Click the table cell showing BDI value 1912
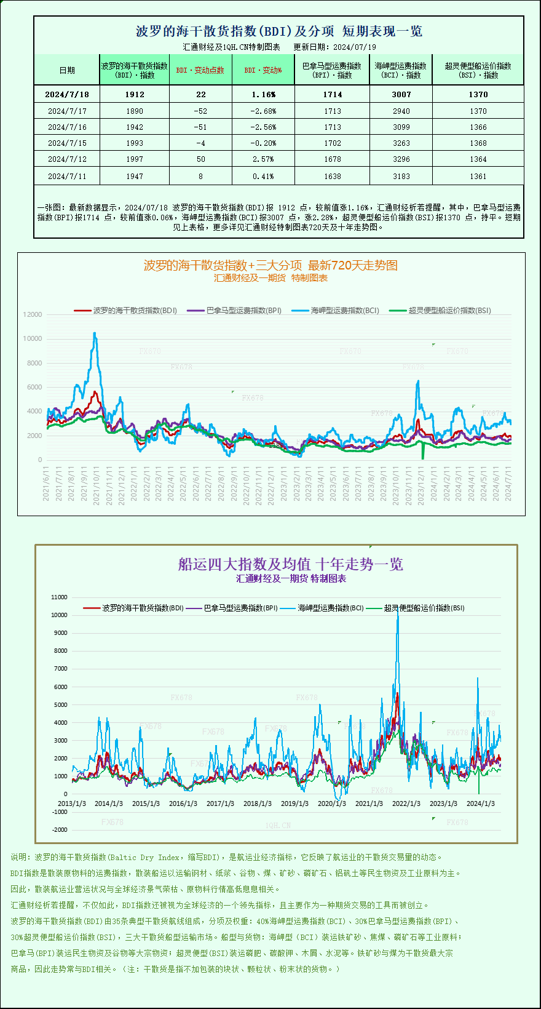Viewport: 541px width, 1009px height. tap(135, 95)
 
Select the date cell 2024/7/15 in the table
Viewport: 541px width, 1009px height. tap(67, 143)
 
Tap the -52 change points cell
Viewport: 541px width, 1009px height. tap(200, 111)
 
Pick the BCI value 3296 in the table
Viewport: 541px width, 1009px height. tap(401, 159)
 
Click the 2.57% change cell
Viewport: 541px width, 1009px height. tap(264, 159)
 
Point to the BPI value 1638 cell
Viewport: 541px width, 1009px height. tap(332, 177)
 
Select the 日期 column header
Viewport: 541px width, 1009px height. tap(67, 70)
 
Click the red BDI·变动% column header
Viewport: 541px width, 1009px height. tap(263, 70)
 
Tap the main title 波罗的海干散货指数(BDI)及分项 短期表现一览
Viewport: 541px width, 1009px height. tap(278, 31)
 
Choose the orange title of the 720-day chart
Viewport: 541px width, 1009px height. tap(270, 265)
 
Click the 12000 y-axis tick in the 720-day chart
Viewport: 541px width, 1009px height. tap(33, 314)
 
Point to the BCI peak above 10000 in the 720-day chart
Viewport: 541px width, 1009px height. tap(95, 333)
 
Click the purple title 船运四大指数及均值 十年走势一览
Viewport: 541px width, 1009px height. tap(290, 564)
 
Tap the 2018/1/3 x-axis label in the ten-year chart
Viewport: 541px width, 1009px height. tap(258, 804)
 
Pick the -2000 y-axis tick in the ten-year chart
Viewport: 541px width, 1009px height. tap(60, 830)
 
